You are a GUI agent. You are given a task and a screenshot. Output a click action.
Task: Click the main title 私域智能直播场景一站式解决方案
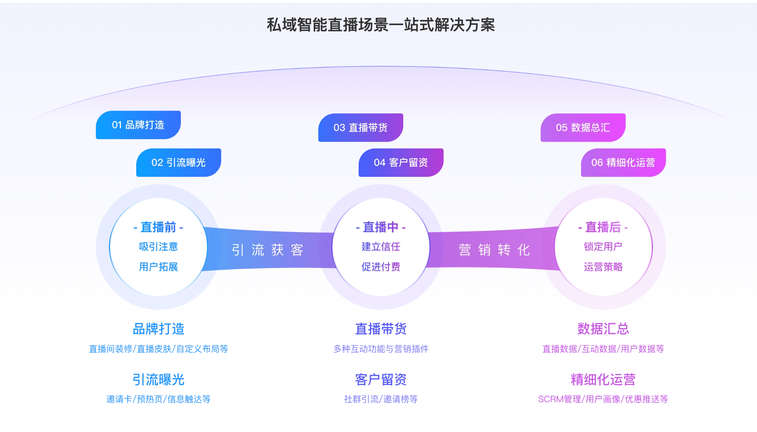tap(381, 25)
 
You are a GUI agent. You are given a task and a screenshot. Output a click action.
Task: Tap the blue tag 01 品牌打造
tap(138, 125)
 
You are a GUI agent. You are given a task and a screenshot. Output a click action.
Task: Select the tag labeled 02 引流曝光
tap(178, 163)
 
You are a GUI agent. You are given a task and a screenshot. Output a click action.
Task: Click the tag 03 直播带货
tap(361, 128)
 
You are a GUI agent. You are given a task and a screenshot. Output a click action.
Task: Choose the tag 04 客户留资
tap(401, 163)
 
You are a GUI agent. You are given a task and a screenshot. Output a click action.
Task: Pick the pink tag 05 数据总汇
tap(583, 128)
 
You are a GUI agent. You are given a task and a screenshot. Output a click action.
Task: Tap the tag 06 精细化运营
tap(623, 163)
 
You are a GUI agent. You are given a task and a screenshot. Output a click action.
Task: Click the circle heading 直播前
tap(159, 227)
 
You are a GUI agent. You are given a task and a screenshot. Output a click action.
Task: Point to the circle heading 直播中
tap(381, 227)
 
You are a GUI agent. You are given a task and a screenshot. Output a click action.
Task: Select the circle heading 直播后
tap(603, 227)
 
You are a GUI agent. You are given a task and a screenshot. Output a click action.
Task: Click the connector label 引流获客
tap(268, 250)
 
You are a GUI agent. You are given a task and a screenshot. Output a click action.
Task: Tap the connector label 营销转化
tap(494, 250)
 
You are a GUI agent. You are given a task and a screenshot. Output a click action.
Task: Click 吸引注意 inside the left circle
tap(159, 247)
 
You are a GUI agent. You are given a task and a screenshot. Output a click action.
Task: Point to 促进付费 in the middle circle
tap(381, 267)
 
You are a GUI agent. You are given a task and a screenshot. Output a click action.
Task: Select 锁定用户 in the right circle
tap(603, 247)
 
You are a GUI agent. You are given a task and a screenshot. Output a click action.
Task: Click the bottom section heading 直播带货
tap(381, 329)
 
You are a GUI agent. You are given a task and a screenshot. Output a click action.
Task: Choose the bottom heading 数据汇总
tap(603, 329)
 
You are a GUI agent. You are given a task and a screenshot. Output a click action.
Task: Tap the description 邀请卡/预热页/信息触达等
tap(159, 399)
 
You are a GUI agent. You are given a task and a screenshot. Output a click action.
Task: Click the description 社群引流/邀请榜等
tap(381, 399)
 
